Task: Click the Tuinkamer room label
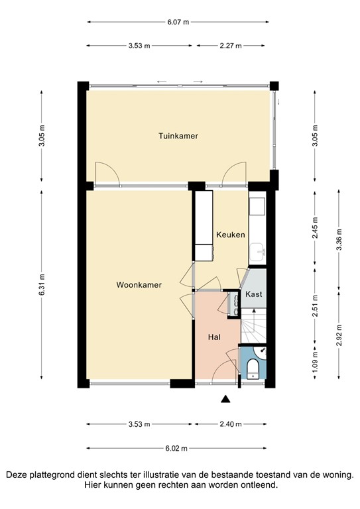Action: [178, 136]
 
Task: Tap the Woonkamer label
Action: [139, 285]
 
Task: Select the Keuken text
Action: [231, 235]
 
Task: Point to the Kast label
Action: [253, 294]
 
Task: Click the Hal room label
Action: [214, 337]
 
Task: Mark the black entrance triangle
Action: [225, 398]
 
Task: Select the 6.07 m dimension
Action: [178, 22]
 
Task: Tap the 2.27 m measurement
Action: [231, 46]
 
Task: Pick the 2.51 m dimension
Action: [316, 306]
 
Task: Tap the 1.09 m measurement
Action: [316, 363]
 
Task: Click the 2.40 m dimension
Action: [231, 424]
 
